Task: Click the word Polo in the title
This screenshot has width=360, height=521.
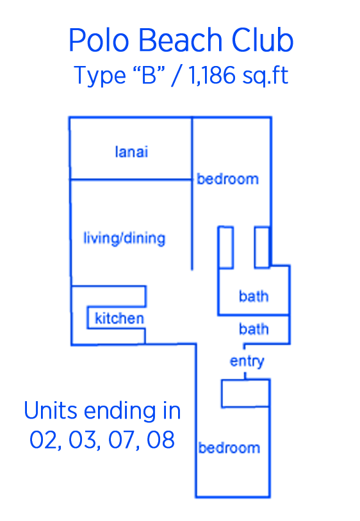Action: (99, 40)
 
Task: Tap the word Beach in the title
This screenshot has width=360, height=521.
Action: (180, 40)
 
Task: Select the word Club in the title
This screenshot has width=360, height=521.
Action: (263, 40)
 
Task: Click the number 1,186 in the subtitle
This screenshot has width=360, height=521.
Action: (211, 75)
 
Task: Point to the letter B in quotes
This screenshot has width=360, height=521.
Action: (149, 75)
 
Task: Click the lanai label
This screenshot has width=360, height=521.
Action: (131, 152)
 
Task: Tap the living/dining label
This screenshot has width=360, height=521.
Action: (124, 238)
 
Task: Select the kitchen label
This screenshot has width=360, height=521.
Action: (120, 318)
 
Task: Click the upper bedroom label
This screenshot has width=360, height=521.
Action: (228, 179)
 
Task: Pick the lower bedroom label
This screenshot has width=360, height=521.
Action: (229, 447)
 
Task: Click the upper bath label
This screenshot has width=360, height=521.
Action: (254, 296)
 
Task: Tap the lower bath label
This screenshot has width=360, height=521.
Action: (254, 329)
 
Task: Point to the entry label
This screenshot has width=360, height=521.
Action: (247, 361)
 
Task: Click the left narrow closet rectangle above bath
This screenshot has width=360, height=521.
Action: (219, 247)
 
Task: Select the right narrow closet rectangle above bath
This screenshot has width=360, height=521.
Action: (256, 247)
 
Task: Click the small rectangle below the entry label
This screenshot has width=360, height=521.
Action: (222, 393)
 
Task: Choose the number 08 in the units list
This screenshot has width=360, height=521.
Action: (161, 439)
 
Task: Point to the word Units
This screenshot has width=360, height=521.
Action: (51, 411)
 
